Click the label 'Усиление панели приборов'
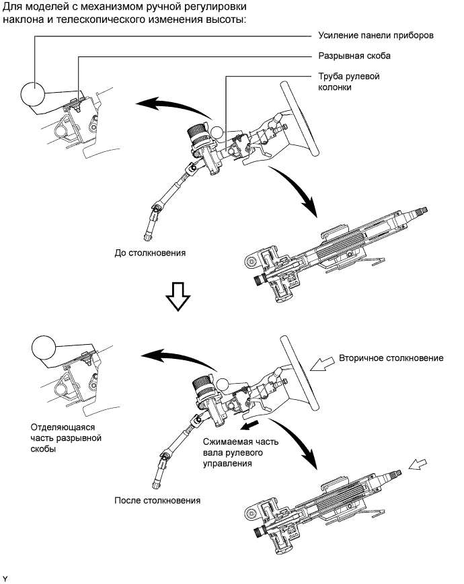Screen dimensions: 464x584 point(376,36)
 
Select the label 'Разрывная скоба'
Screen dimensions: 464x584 point(354,56)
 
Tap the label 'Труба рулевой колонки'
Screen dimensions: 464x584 point(349,81)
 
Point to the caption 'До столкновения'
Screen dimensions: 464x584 point(150,253)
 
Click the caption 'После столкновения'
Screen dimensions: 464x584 point(157,500)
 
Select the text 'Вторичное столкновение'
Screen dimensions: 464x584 point(391,358)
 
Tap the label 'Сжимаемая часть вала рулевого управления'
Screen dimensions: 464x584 point(241,452)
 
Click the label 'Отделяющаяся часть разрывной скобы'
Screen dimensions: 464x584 point(66,438)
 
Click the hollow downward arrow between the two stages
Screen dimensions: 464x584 point(178,296)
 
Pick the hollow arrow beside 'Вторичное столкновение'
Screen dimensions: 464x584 point(323,363)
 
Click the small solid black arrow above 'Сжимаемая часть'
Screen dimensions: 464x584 point(249,425)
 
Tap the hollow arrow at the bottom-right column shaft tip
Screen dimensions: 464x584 point(418,465)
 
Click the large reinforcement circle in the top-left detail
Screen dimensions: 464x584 point(32,93)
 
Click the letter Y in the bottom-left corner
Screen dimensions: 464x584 point(5,579)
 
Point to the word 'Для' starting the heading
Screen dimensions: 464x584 point(11,7)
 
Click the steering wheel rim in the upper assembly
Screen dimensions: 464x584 point(300,119)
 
